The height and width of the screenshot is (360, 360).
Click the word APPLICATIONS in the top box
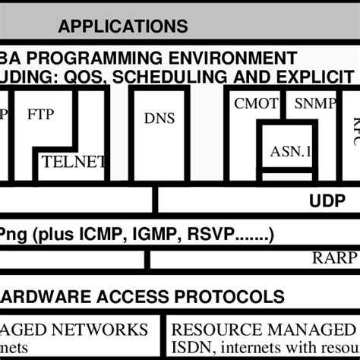tap(123, 27)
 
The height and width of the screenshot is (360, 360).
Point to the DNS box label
tap(159, 118)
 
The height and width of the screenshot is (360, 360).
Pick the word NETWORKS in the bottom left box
tap(106, 330)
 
